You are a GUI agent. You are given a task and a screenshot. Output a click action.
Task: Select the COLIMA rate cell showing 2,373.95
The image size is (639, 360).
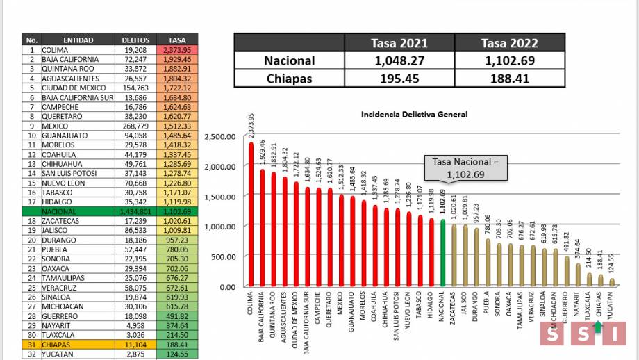pyautogui.click(x=179, y=50)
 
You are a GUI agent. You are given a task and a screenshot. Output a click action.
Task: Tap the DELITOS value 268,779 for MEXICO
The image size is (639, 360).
pyautogui.click(x=135, y=126)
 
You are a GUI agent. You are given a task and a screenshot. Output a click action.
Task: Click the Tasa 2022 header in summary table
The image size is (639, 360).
pyautogui.click(x=509, y=43)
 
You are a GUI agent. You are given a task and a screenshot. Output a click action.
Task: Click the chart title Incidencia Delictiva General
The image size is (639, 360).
pyautogui.click(x=414, y=115)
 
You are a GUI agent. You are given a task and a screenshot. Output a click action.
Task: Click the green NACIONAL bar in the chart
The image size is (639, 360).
pyautogui.click(x=442, y=254)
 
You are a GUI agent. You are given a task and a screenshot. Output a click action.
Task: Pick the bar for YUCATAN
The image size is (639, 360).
pyautogui.click(x=611, y=282)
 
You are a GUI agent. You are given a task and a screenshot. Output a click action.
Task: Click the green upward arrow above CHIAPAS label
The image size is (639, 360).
pyautogui.click(x=598, y=325)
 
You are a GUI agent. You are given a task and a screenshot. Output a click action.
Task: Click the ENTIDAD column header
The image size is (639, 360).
pyautogui.click(x=78, y=40)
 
